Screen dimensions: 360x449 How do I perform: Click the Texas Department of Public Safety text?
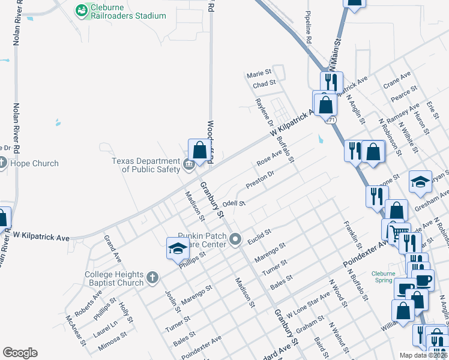(x=146, y=165)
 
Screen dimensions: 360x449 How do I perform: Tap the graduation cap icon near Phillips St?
(x=177, y=248)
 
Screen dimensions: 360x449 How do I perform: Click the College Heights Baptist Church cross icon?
(x=152, y=277)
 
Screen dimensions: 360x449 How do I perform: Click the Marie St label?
(x=259, y=75)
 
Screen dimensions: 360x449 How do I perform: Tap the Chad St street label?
(x=264, y=85)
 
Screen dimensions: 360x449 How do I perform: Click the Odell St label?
(x=235, y=203)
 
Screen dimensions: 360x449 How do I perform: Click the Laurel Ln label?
(x=105, y=328)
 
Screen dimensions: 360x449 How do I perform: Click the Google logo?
(x=20, y=353)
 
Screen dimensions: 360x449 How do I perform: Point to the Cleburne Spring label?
(x=383, y=277)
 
